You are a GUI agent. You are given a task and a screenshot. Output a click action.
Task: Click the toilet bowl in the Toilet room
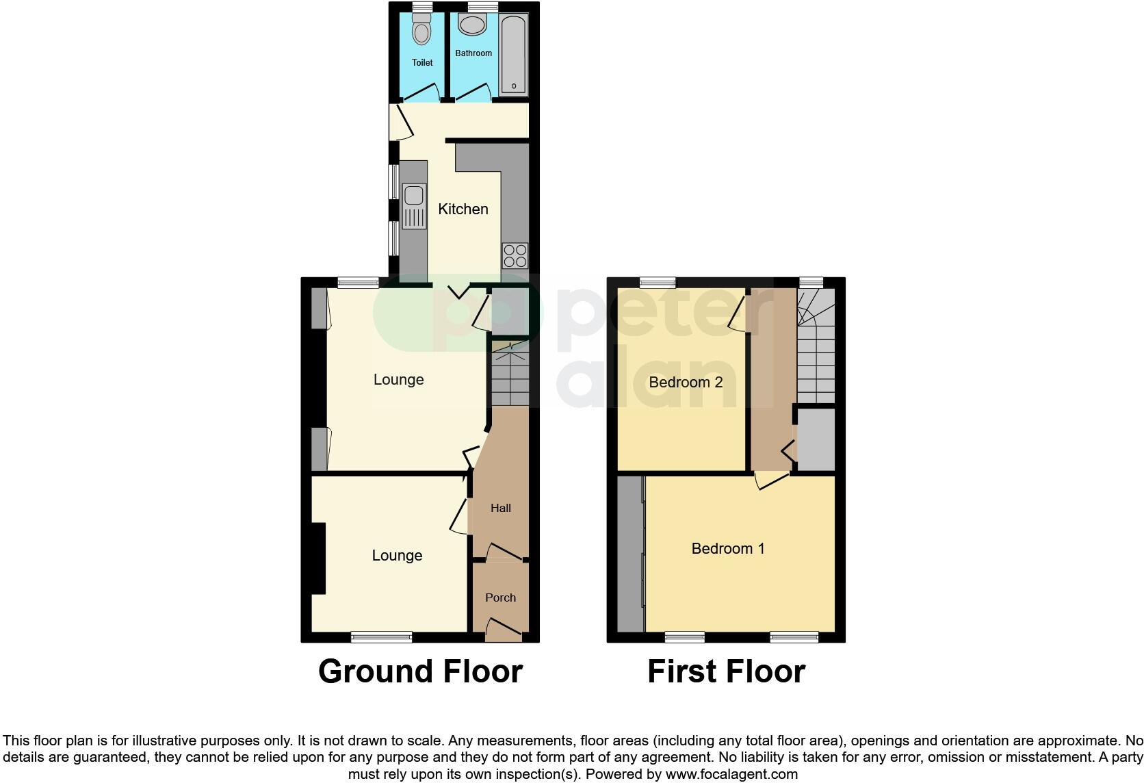pyautogui.click(x=422, y=31)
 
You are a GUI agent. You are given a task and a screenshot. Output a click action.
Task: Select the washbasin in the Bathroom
pyautogui.click(x=471, y=25)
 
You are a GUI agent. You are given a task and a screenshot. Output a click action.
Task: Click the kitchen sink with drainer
pyautogui.click(x=414, y=207)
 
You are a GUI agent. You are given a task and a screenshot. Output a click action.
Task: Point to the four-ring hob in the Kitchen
pyautogui.click(x=515, y=255)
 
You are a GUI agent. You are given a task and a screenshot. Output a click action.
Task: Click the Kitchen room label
pyautogui.click(x=463, y=209)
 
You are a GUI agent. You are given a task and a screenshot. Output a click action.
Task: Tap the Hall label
pyautogui.click(x=500, y=508)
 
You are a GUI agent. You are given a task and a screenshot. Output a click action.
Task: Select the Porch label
pyautogui.click(x=500, y=598)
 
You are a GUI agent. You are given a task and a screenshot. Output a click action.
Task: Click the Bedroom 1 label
pyautogui.click(x=728, y=548)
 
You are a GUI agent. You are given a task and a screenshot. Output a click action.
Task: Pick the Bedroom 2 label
pyautogui.click(x=686, y=382)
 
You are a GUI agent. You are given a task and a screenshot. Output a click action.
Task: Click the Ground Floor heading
pyautogui.click(x=420, y=671)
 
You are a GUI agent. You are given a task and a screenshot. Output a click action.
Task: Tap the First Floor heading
pyautogui.click(x=726, y=671)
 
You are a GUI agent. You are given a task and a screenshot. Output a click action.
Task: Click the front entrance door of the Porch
pyautogui.click(x=503, y=628)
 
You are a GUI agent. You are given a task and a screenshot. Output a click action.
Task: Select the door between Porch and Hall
pyautogui.click(x=502, y=552)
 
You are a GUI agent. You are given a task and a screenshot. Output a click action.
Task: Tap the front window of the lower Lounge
pyautogui.click(x=381, y=637)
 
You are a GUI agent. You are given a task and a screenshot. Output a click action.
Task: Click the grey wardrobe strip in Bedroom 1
pyautogui.click(x=630, y=554)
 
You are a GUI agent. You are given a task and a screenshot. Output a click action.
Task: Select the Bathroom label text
pyautogui.click(x=473, y=53)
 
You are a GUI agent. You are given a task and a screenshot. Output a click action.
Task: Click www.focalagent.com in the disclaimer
pyautogui.click(x=731, y=775)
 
